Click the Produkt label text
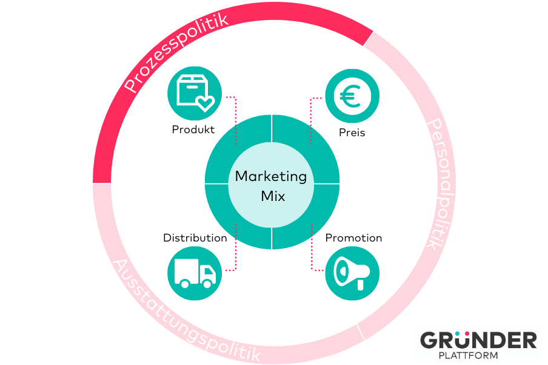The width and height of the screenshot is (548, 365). (x=193, y=130)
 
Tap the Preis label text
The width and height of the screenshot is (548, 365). (x=352, y=133)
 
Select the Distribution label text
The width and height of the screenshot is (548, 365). (x=195, y=238)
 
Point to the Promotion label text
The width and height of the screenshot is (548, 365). (x=353, y=238)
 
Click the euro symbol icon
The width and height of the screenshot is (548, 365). (x=350, y=96)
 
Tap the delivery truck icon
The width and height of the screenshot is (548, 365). (x=195, y=273)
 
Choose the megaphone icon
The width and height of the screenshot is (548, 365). (x=352, y=273)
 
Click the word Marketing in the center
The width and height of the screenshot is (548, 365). (x=271, y=177)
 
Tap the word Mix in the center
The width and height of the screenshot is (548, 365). (x=273, y=196)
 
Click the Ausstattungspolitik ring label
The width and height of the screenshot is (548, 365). (x=186, y=311)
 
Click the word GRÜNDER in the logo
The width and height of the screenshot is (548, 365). (x=478, y=340)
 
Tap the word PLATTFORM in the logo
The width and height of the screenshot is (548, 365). (x=469, y=355)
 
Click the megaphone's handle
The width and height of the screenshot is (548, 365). (x=360, y=284)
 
